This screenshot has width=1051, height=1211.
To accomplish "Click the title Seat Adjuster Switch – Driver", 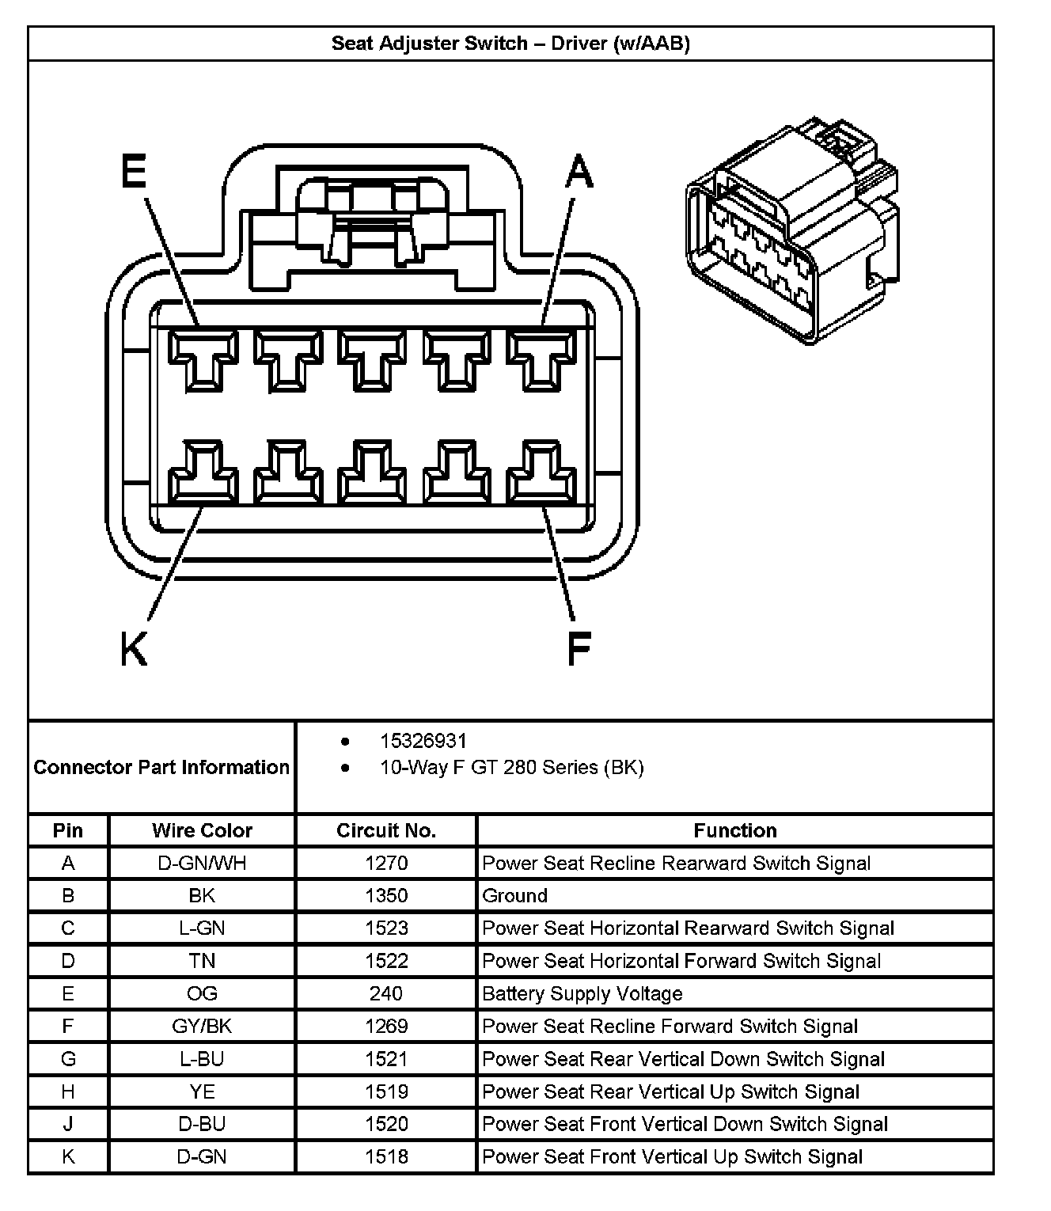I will (x=510, y=44).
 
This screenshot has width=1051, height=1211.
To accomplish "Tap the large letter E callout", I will (x=134, y=172).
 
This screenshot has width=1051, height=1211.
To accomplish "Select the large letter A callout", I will (x=579, y=172).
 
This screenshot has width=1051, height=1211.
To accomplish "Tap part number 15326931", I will (x=423, y=741).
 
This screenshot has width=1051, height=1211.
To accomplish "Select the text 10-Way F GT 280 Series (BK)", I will (x=511, y=767).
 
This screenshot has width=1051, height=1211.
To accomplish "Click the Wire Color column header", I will (x=202, y=830).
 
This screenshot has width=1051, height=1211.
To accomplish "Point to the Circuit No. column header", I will (x=386, y=830).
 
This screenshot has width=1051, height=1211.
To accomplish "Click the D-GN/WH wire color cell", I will (x=202, y=863).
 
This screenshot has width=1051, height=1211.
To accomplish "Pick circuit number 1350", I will (x=386, y=895).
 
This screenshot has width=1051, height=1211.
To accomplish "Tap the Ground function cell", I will (x=515, y=895).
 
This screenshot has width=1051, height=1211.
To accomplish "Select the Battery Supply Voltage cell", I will (x=582, y=993).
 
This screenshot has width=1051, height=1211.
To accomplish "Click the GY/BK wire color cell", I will (x=202, y=1026).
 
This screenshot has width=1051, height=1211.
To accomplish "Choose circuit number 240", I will (x=386, y=993).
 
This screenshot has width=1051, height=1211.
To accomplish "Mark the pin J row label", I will (x=68, y=1124).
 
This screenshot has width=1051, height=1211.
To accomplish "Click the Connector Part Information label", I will (x=161, y=767).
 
